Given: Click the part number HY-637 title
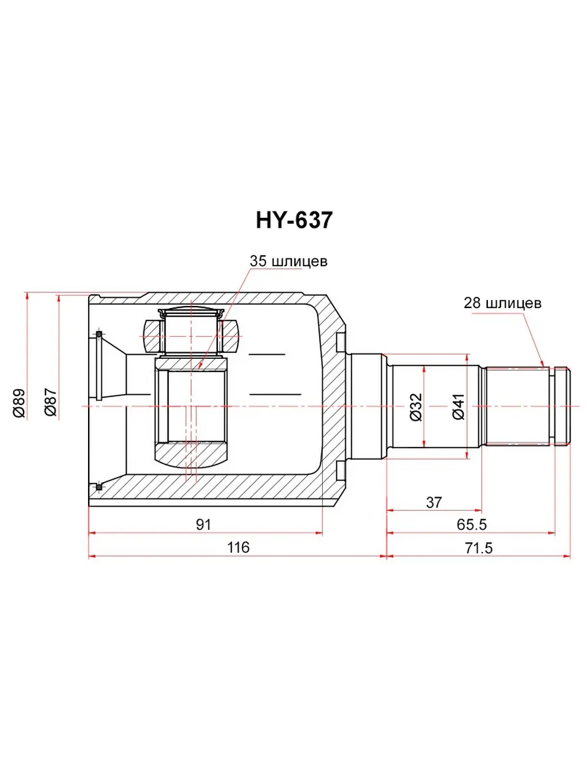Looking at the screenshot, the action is pos(293,221).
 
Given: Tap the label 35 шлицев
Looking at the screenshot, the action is pos(288,261).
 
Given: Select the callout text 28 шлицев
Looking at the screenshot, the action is pos(502,303).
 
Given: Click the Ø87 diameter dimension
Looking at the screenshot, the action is pos(51,402).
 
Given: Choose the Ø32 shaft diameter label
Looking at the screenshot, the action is pos(416,407).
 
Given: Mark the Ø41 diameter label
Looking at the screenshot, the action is pos(459,407).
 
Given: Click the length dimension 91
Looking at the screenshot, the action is pos(204,525).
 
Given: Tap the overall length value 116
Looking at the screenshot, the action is pos(238,547).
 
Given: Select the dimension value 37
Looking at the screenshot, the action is pos(434,502).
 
